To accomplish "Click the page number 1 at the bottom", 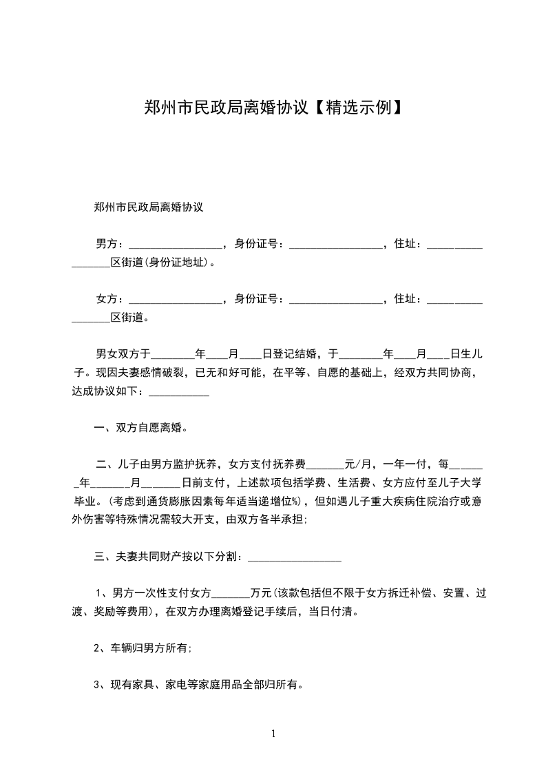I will [x=274, y=734].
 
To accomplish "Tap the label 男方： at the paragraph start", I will [x=109, y=244].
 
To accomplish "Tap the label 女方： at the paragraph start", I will [x=109, y=299].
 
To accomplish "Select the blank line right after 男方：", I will [x=175, y=245].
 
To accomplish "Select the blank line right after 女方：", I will [x=175, y=300].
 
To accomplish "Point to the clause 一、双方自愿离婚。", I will [x=140, y=428].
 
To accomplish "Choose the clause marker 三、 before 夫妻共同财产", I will [x=103, y=557].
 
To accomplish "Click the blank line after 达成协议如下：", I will [x=179, y=393].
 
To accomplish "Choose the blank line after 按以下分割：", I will [x=294, y=558].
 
